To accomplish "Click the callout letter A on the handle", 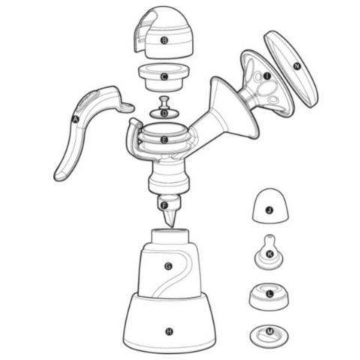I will [x=75, y=118].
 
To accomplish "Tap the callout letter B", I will [x=164, y=41].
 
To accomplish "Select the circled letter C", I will [x=164, y=76].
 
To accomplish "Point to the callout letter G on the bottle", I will [x=168, y=266].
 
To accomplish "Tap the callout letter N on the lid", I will [x=297, y=66].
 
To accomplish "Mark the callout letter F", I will [x=164, y=205].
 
